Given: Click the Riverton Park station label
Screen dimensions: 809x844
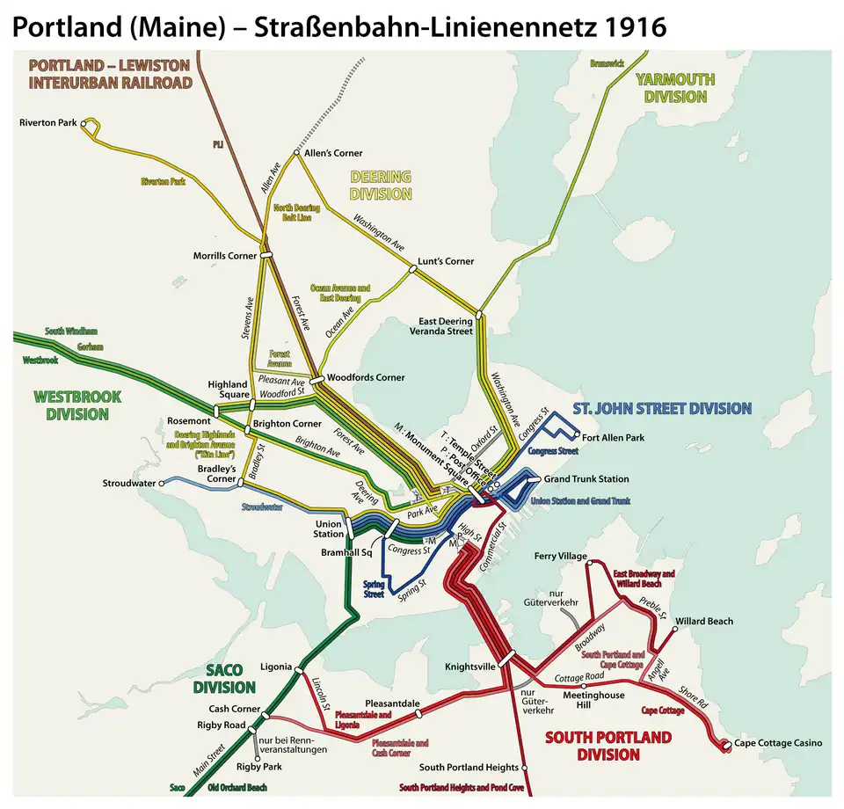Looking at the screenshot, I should pos(48,123).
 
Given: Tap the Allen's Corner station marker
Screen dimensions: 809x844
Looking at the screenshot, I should pos(297,153).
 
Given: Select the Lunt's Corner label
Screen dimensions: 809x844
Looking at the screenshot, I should pos(446,261).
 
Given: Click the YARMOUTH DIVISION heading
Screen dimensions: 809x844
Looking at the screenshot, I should pos(675,88).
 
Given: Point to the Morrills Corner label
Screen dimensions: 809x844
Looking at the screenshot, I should pos(225,256).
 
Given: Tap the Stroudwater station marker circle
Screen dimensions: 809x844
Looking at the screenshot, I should pos(162,483).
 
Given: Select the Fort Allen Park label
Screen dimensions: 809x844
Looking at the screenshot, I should pos(614,437).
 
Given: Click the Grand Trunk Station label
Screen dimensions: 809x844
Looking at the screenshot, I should pos(586,479).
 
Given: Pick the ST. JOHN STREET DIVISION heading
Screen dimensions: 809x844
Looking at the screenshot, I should pos(662,408).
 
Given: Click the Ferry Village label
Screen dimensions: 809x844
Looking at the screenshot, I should pos(560,556).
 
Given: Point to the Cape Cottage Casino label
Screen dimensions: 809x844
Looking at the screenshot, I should pos(779,743).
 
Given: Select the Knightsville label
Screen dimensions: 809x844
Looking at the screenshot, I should pos(470,667).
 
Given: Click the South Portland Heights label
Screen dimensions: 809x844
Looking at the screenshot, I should pos(469,768).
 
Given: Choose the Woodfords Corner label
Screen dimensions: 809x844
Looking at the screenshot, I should pos(366,377).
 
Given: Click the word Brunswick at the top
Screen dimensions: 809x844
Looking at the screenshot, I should pos(607,63).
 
